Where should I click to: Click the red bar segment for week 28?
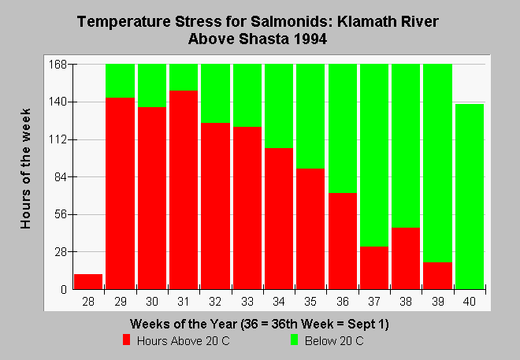88,281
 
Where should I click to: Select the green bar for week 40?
470,197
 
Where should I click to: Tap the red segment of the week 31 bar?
184,190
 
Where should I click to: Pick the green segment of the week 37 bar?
374,155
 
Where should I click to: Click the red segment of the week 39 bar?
438,276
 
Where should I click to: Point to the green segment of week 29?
120,81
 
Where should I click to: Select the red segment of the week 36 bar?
343,241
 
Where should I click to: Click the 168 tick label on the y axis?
58,64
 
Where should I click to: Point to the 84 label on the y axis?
61,177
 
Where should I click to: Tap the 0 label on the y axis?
64,290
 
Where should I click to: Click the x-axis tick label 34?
279,302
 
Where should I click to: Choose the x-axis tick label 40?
470,302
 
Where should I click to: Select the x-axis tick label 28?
88,302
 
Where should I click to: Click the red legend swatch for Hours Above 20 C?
126,340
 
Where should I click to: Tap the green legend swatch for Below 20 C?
294,340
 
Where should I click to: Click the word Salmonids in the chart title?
292,21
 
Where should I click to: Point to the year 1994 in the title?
310,39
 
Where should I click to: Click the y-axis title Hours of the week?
25,169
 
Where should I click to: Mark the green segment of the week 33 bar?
247,95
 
